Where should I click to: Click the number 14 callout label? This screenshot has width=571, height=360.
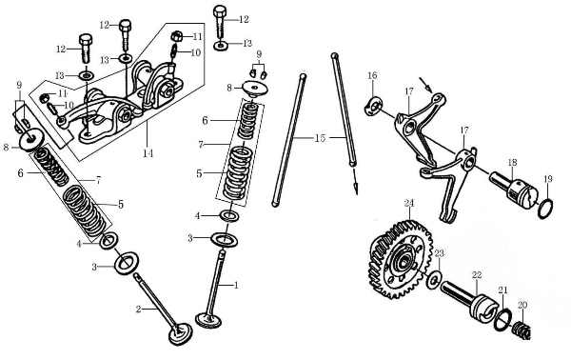[x=148, y=153]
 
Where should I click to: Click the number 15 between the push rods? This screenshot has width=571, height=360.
[x=320, y=138]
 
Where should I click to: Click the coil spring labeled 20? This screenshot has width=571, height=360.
[x=522, y=330]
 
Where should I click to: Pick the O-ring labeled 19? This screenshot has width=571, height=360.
[x=545, y=210]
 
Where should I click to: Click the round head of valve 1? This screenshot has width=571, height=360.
[x=208, y=320]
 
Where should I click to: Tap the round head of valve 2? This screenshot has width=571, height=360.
[x=180, y=333]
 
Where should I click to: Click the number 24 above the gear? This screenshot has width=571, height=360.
[x=409, y=203]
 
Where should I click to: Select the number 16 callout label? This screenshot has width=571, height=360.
[x=372, y=75]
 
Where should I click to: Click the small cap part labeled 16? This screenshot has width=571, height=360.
[x=373, y=106]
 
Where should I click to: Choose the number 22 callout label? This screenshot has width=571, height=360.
[x=477, y=275]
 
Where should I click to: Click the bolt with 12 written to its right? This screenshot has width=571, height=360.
[x=220, y=21]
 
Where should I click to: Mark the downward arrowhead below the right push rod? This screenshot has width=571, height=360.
[x=355, y=189]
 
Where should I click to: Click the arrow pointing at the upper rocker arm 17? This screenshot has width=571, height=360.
[x=425, y=85]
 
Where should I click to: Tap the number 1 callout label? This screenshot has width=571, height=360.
[x=236, y=285]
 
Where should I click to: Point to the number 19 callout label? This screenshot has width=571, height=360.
[x=548, y=179]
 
